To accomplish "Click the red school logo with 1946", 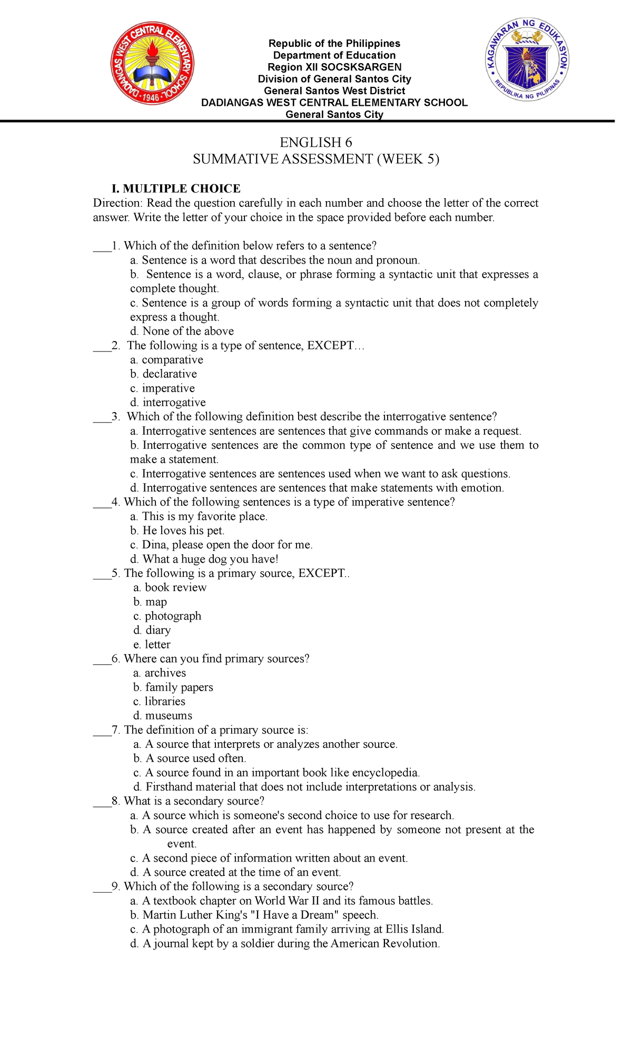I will point(152,64).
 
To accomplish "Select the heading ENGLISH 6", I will point(315,143).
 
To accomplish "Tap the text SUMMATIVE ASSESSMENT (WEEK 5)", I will point(315,159).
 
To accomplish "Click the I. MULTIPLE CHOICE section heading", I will point(176,188).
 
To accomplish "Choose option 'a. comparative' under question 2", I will point(166,360).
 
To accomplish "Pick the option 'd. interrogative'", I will point(168,403).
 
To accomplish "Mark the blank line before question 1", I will point(102,246).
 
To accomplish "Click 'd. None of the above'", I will point(182,332).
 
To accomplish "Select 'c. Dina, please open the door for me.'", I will point(221,545).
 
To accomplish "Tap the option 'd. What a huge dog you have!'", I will point(204,559).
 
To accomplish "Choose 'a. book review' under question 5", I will point(170,587).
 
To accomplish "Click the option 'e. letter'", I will point(152,644).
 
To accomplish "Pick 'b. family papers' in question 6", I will point(173,687).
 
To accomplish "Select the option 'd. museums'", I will point(163,716).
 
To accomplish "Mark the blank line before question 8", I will point(102,802).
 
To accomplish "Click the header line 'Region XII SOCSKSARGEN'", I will point(334,67).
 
